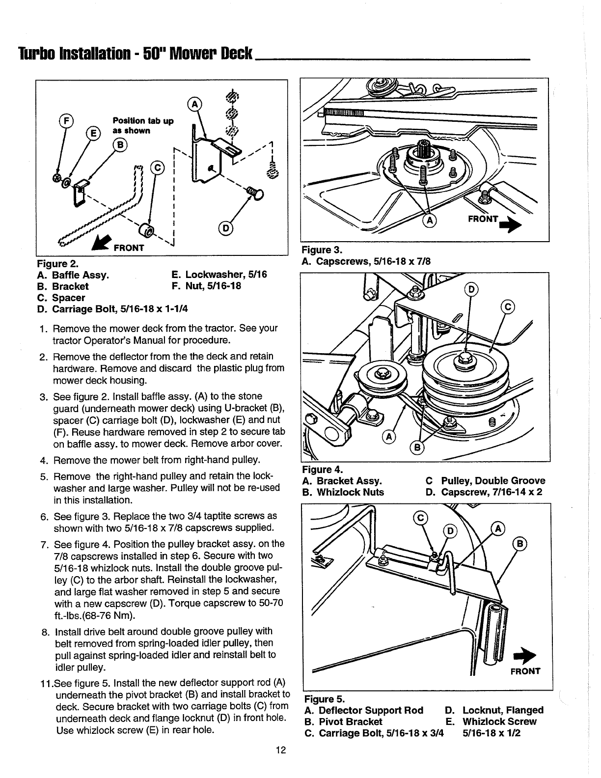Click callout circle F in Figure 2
pyautogui.click(x=66, y=121)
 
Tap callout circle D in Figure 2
pyautogui.click(x=225, y=228)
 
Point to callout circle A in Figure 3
pyautogui.click(x=430, y=221)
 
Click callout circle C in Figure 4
pyautogui.click(x=508, y=307)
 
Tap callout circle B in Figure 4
pyautogui.click(x=417, y=447)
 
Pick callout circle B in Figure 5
pyautogui.click(x=520, y=544)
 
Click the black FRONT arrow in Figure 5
pyautogui.click(x=525, y=656)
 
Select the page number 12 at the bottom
pyautogui.click(x=281, y=750)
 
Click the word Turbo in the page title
pyautogui.click(x=38, y=54)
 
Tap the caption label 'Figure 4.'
pyautogui.click(x=322, y=470)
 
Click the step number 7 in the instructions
pyautogui.click(x=44, y=545)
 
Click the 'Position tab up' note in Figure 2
pyautogui.click(x=143, y=121)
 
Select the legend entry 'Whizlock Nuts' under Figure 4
pyautogui.click(x=350, y=492)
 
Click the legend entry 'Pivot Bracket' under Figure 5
pyautogui.click(x=351, y=722)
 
